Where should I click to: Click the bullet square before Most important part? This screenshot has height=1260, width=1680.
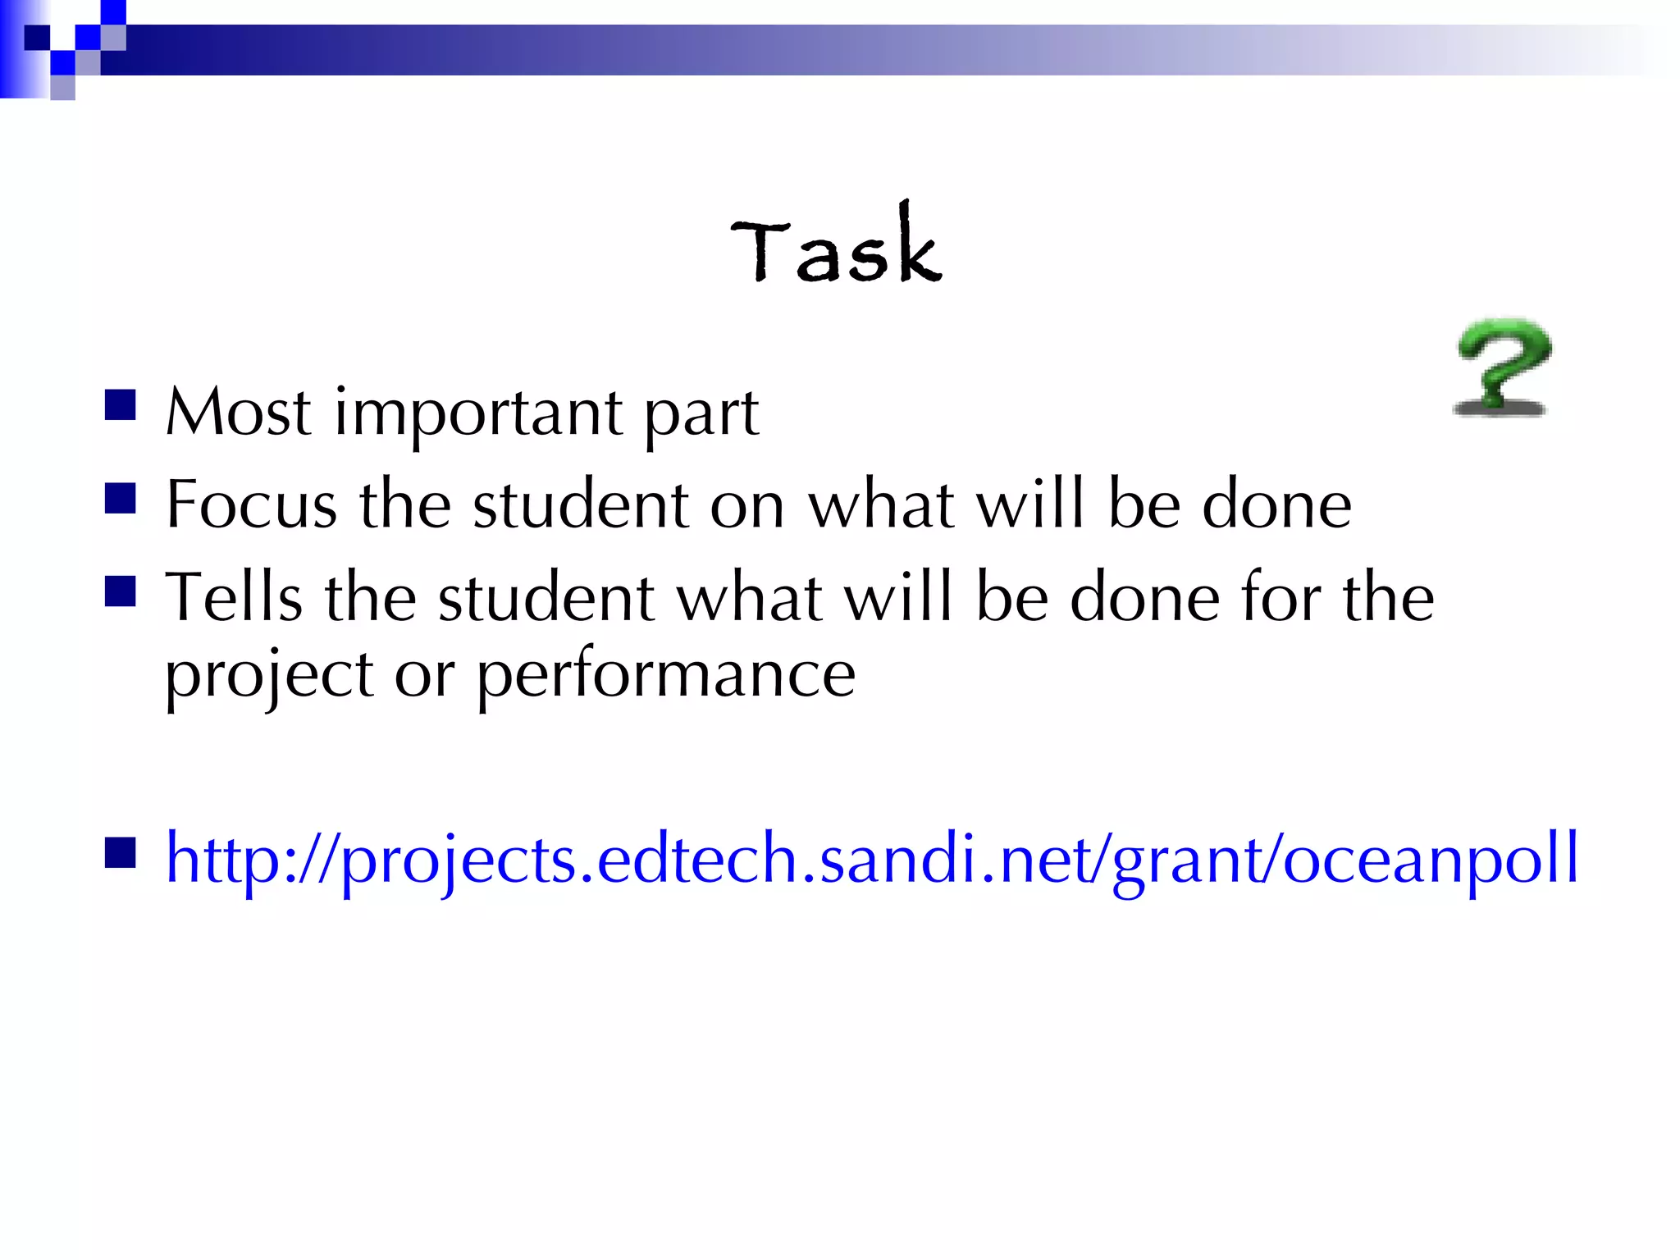(121, 404)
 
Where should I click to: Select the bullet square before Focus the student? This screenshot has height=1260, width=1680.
(121, 497)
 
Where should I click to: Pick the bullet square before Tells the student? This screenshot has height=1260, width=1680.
(121, 590)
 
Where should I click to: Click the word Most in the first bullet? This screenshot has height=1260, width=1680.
(238, 412)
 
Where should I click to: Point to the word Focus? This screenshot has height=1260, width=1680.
(251, 504)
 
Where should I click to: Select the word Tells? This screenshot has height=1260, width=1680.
(234, 597)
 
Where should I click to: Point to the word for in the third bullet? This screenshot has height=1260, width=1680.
(1281, 597)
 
